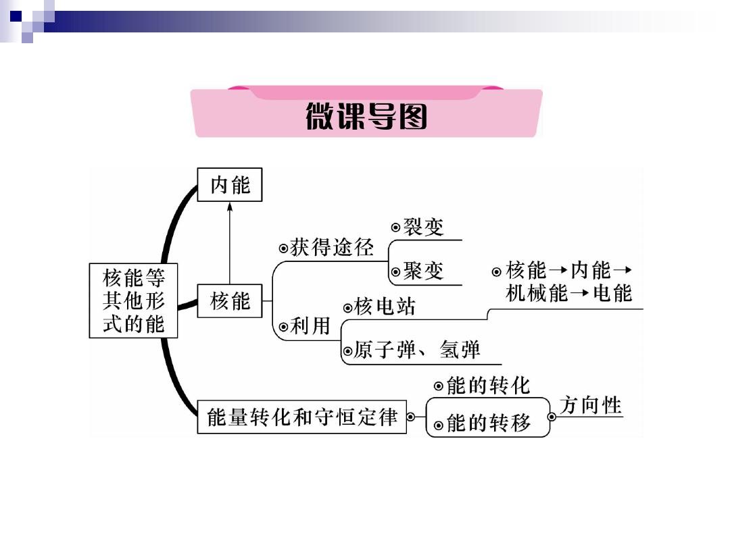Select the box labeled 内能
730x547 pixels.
pos(230,184)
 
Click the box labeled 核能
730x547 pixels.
pos(230,301)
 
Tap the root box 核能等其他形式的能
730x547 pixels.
pos(133,301)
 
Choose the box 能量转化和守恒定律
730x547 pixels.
pos(301,417)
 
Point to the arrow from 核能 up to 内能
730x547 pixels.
pos(230,243)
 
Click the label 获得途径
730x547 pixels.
pos(331,247)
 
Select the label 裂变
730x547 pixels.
pos(423,227)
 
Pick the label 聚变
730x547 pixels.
pos(423,271)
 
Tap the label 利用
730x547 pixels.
pos(310,325)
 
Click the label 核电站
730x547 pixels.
pos(385,307)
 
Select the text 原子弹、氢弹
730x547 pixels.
pos(416,350)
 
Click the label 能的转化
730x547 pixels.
pos(488,386)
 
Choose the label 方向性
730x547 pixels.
pos(590,405)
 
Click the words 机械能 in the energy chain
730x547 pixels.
pos(537,293)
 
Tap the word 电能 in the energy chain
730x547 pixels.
pos(612,293)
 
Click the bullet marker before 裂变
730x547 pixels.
pos(395,228)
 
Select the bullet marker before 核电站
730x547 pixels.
pos(348,308)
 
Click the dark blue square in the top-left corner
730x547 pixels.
pos(16,16)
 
